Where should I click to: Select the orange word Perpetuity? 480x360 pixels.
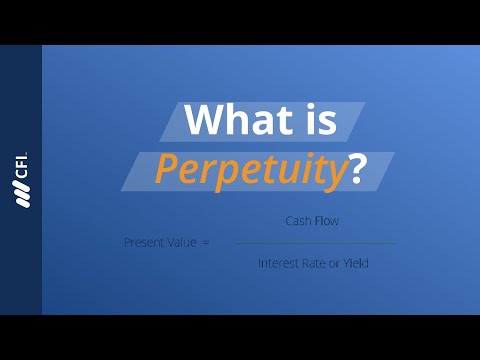pos(248,171)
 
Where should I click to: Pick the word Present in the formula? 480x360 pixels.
pos(141,242)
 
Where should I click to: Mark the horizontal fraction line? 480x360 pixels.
pos(315,243)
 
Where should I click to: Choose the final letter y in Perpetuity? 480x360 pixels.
pos(333,175)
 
